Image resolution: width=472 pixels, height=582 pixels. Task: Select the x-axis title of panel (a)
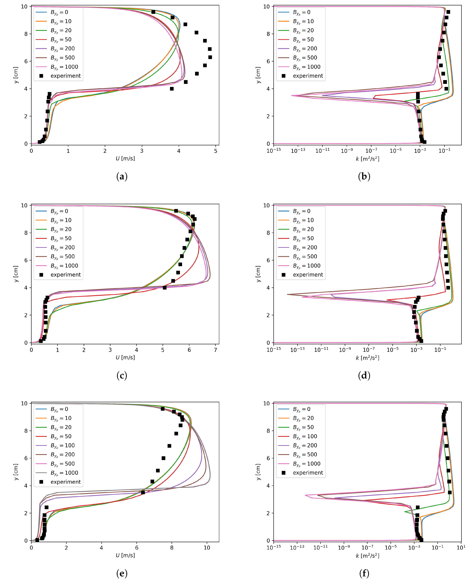(x=125, y=158)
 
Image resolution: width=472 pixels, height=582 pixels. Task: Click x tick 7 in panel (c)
(x=215, y=350)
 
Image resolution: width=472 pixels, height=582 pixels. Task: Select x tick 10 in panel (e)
(x=207, y=548)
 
